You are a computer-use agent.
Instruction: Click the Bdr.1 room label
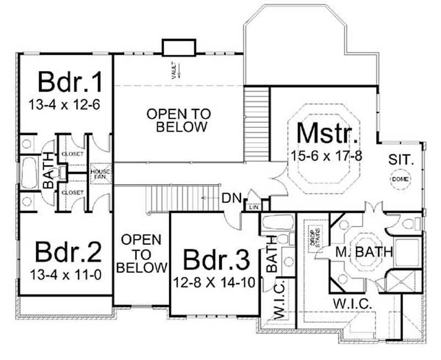[70, 82]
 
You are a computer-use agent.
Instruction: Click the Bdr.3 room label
[216, 259]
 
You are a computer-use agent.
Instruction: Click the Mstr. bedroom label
[328, 133]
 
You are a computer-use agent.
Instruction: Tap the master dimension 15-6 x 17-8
[327, 155]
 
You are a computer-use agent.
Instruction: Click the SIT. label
[401, 160]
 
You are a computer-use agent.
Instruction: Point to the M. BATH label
[365, 253]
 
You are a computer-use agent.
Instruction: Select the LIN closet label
[254, 207]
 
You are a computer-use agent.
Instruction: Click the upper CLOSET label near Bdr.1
[72, 154]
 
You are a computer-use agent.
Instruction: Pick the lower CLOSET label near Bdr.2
[72, 192]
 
